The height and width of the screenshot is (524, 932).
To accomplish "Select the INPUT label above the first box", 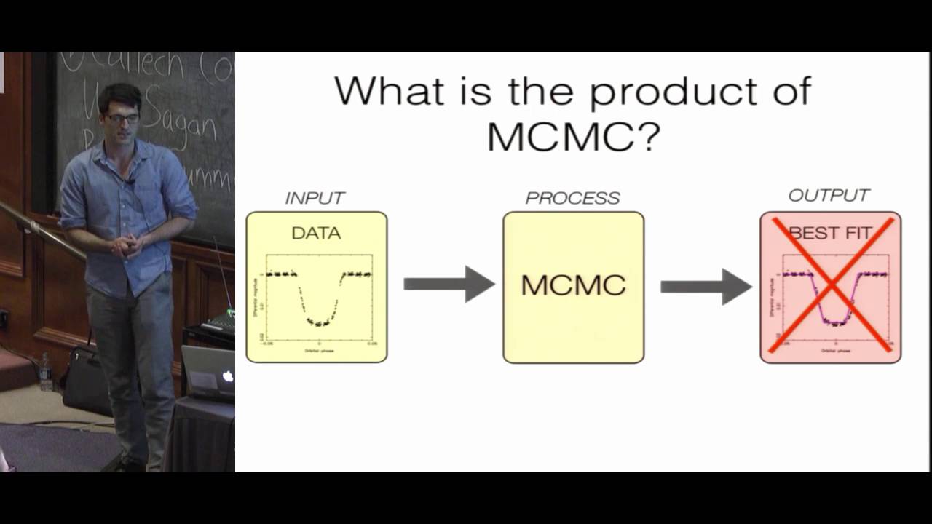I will (x=315, y=198).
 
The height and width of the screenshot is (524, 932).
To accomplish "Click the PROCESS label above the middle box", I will (x=573, y=198).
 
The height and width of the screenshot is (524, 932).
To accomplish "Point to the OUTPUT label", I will (x=829, y=196).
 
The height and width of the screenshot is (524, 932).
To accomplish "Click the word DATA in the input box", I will (x=316, y=234).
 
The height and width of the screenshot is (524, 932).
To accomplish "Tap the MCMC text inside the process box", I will (x=573, y=285).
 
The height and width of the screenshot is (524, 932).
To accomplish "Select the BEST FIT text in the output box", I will (x=830, y=233).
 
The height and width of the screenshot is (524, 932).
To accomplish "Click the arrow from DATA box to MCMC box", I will (x=449, y=284).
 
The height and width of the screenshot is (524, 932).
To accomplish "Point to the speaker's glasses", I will (x=122, y=117).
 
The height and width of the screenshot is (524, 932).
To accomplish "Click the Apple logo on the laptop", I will (x=227, y=376).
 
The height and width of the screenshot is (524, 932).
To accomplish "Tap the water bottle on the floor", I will (x=46, y=372).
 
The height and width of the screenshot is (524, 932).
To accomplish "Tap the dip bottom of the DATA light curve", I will (x=318, y=322).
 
